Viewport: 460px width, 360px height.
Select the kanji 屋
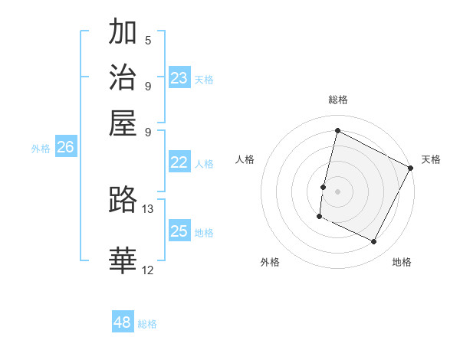[123, 123]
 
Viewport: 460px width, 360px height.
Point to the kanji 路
[123, 201]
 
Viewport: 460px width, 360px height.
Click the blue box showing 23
[179, 78]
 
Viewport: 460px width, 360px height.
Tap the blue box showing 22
[179, 162]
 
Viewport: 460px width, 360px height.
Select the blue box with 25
[179, 231]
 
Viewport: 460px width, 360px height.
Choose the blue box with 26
[65, 148]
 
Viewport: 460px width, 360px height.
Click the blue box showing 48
[122, 322]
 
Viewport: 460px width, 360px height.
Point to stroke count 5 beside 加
[148, 40]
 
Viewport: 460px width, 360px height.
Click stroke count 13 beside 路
[148, 208]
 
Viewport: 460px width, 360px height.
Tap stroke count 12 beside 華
[148, 270]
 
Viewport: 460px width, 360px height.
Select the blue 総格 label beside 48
[147, 324]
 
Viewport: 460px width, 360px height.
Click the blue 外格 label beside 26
[41, 149]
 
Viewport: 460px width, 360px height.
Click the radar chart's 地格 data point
[374, 242]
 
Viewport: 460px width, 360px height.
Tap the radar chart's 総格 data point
[337, 131]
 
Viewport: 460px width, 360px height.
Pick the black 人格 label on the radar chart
[245, 159]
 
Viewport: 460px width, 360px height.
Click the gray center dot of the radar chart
[337, 191]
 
